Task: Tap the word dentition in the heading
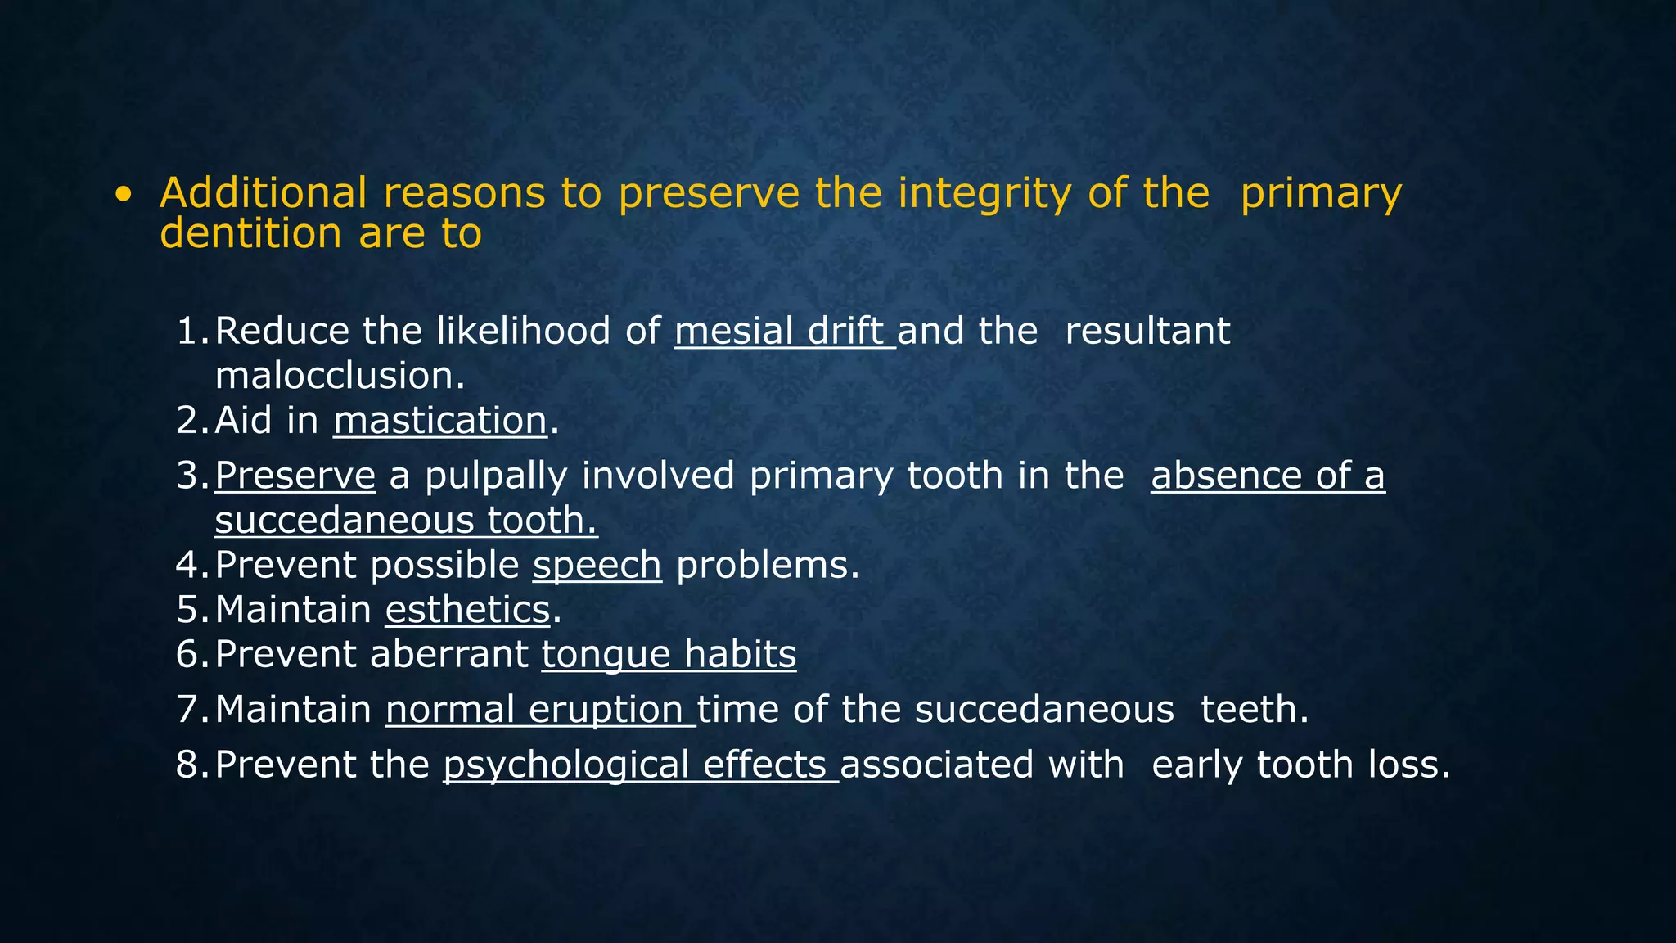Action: [x=250, y=234]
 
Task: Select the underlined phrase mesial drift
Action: [x=784, y=332]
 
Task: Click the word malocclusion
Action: [x=340, y=377]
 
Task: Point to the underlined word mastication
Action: [x=440, y=421]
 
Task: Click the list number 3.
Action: [x=190, y=476]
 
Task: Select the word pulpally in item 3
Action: [x=496, y=476]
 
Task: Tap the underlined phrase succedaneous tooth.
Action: [x=406, y=521]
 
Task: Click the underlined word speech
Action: [x=597, y=566]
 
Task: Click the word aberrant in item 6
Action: [x=448, y=655]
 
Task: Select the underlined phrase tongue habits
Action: [x=669, y=655]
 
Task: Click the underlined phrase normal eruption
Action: [x=540, y=710]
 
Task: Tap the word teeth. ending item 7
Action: [x=1255, y=710]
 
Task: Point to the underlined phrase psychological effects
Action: [x=640, y=765]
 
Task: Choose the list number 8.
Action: [x=190, y=765]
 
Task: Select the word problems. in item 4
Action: [x=768, y=566]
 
